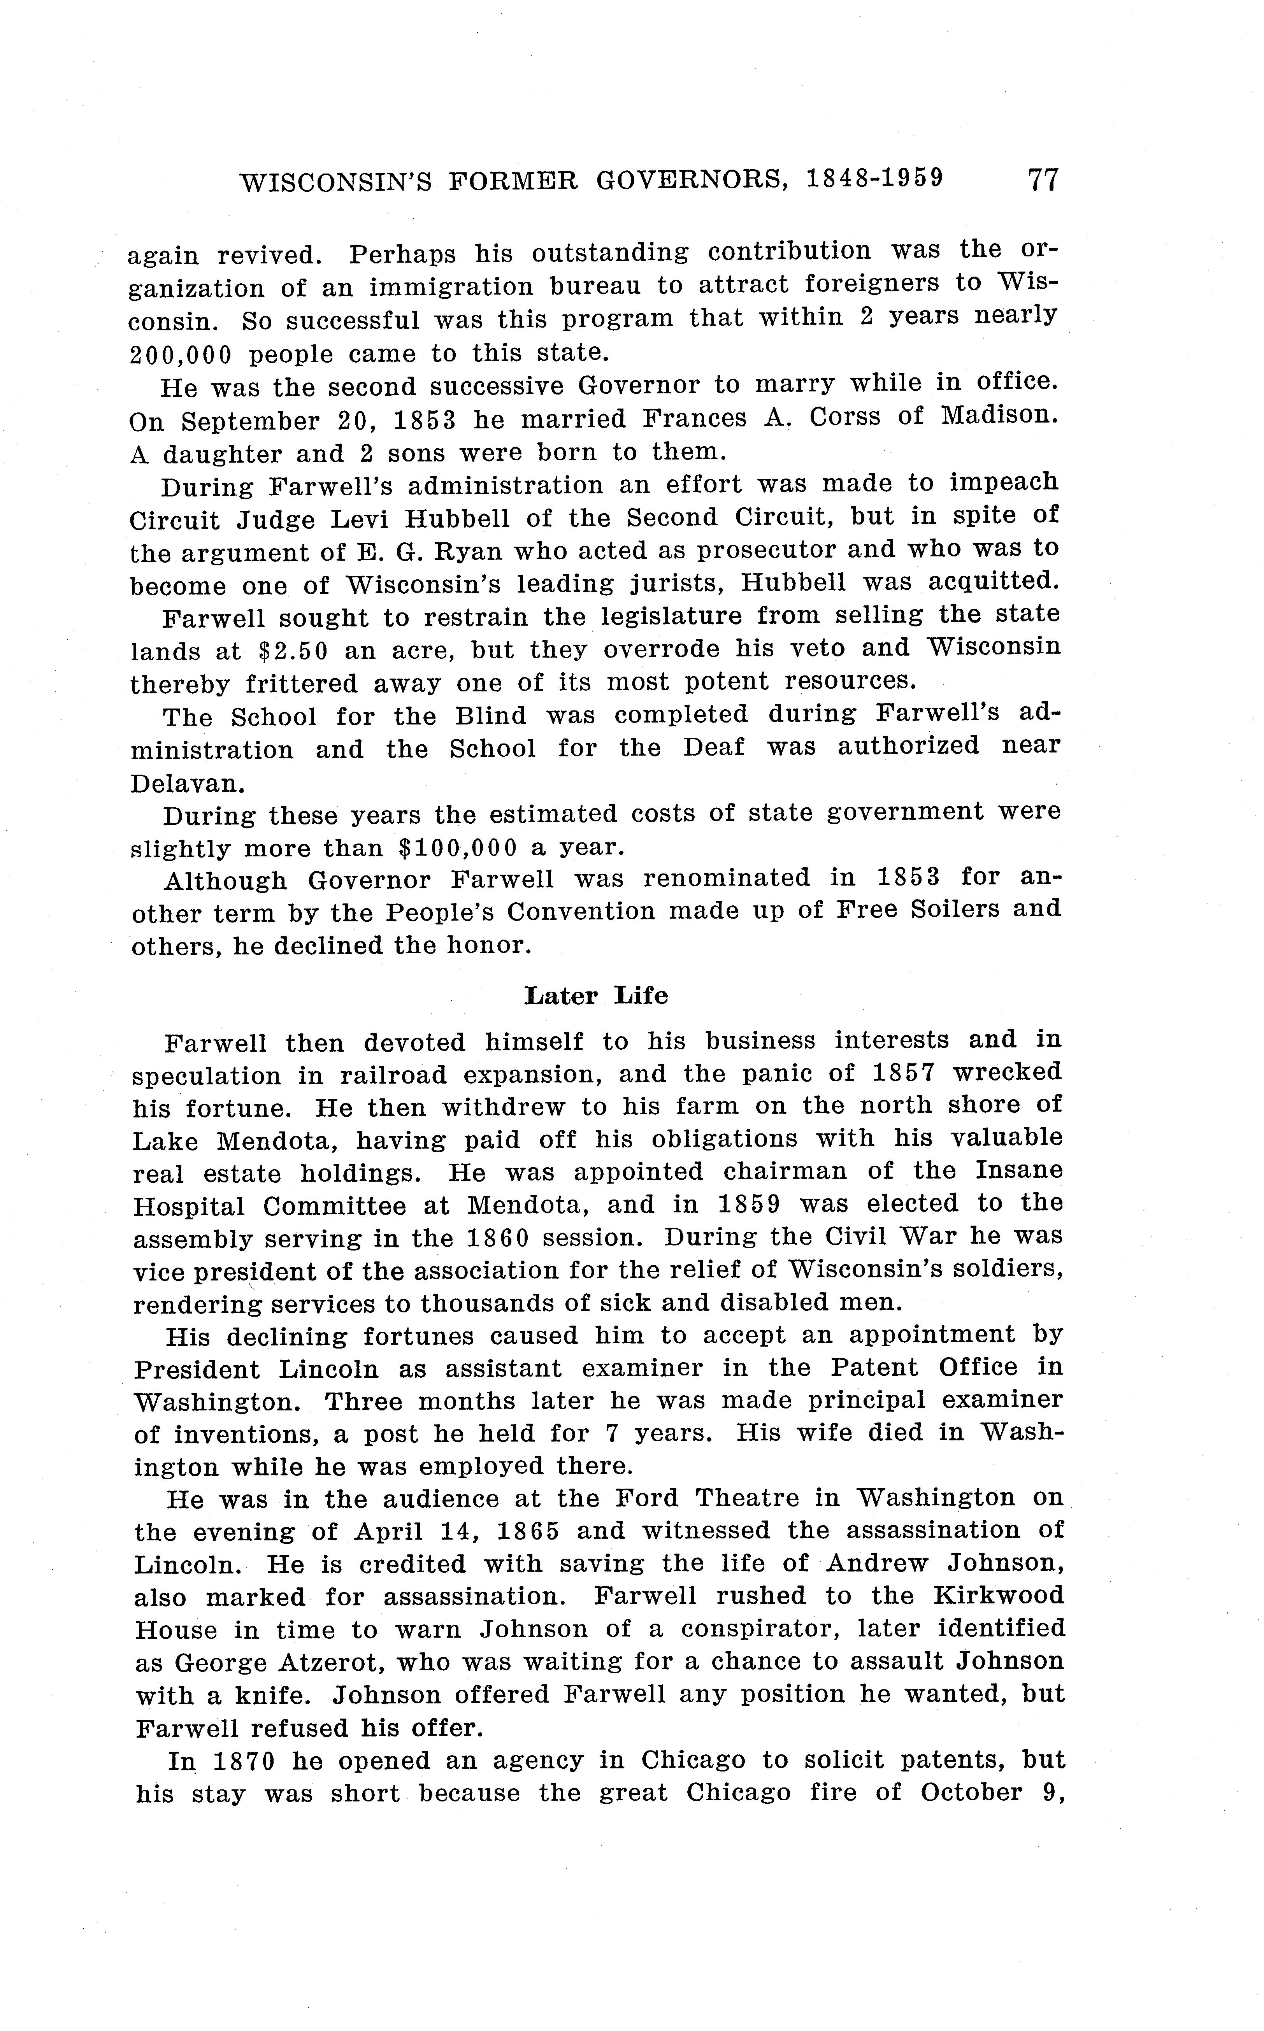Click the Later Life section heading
(596, 995)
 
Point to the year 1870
(243, 1761)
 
